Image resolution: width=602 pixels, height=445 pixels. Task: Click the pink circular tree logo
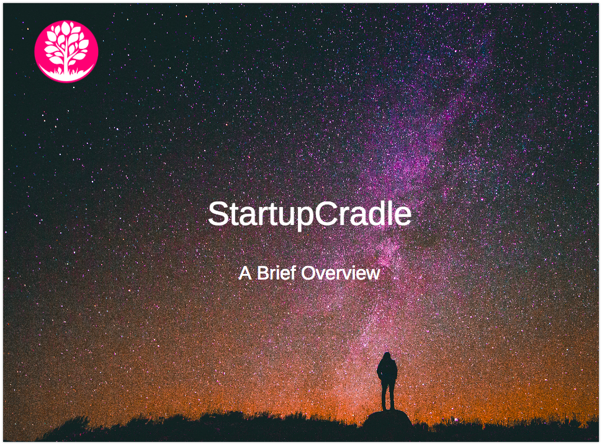66,51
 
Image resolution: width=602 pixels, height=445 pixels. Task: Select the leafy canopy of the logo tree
66,43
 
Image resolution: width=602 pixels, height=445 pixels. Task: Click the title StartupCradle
310,214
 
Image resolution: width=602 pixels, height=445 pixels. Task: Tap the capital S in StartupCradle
218,213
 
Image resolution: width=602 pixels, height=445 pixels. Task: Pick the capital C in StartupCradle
326,213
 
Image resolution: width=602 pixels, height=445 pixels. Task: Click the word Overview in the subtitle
341,273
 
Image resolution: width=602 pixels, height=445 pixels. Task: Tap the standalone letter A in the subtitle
245,273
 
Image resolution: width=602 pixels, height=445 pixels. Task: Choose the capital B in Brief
263,273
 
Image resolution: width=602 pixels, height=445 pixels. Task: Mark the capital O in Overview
309,273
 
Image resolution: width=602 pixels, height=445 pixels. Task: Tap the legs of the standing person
388,395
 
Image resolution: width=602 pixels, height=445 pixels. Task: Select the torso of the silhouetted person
387,371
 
